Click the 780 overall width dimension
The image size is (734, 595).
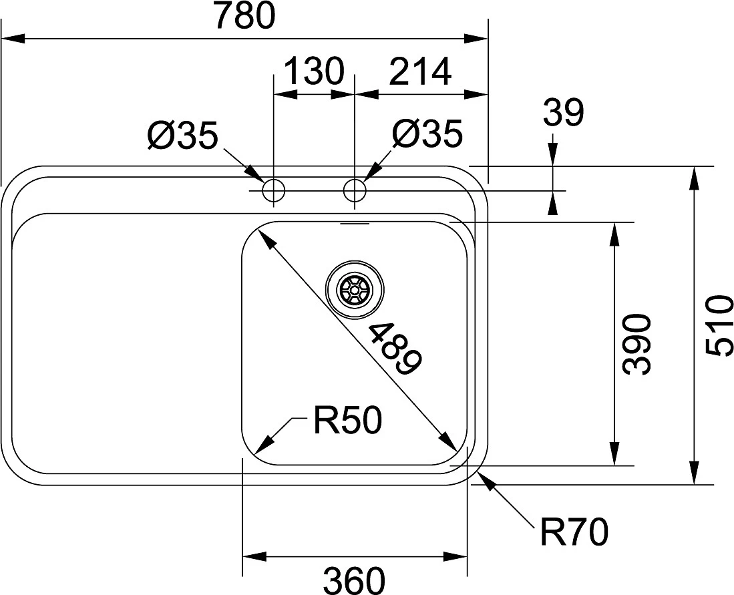(x=244, y=17)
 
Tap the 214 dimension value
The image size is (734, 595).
(x=420, y=71)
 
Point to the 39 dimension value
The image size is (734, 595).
(x=563, y=113)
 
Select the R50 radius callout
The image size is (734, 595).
(x=347, y=422)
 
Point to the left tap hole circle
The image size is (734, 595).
(x=273, y=191)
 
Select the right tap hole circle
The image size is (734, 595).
(x=354, y=191)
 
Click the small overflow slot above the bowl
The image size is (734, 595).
(x=354, y=224)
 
